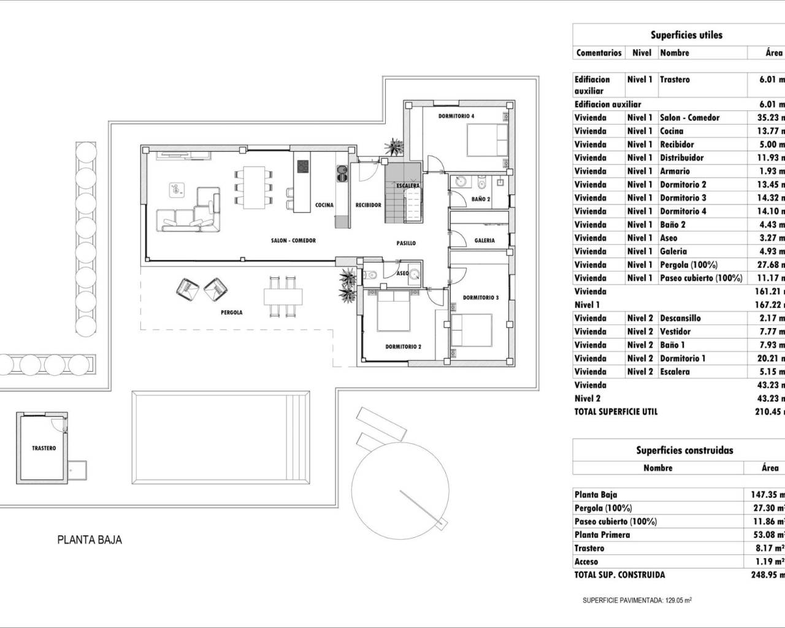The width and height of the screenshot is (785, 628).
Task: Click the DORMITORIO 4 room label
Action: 456,116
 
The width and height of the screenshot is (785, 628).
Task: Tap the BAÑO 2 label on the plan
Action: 481,199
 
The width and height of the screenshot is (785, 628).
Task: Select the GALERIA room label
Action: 484,240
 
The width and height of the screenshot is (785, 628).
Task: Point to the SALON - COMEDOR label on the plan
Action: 293,240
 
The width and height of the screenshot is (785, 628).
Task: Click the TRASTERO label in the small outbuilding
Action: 44,448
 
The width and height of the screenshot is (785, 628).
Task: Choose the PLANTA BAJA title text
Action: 90,540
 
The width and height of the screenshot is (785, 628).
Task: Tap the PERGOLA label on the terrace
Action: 231,312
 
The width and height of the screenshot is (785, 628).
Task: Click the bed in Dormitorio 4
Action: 487,140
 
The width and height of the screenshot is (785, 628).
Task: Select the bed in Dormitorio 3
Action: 472,329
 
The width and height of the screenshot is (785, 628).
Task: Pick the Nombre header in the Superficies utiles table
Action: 674,53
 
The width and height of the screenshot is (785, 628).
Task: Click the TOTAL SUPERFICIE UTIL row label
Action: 616,412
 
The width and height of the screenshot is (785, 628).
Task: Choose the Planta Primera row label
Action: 602,534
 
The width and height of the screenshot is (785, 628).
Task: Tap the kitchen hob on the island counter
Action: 303,167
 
